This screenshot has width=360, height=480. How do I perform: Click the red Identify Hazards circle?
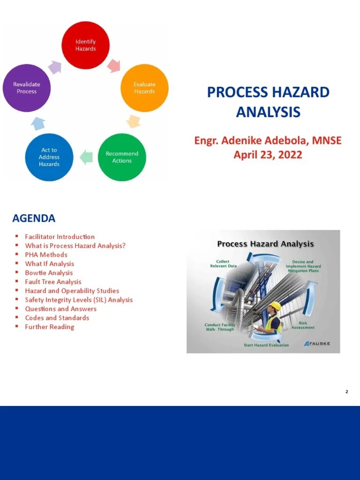86,45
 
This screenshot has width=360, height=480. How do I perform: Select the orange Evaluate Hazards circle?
144,88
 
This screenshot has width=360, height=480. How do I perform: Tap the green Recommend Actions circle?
122,157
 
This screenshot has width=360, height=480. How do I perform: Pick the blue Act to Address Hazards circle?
49,157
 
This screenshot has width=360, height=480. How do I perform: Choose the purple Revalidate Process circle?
27,88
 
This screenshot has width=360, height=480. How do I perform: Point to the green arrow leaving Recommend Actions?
86,157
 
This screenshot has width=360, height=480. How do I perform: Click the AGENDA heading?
34,218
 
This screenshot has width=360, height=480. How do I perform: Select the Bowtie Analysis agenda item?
49,273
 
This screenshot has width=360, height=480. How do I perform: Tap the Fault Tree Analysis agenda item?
53,282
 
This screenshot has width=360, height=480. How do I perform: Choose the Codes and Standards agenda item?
57,318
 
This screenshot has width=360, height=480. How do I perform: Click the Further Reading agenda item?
50,327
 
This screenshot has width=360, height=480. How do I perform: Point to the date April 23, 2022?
268,155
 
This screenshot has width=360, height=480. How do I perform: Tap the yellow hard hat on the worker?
275,306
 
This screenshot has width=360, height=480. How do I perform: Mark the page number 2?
346,391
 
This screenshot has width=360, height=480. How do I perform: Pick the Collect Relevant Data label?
223,264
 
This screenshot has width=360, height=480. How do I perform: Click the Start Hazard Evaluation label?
266,345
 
